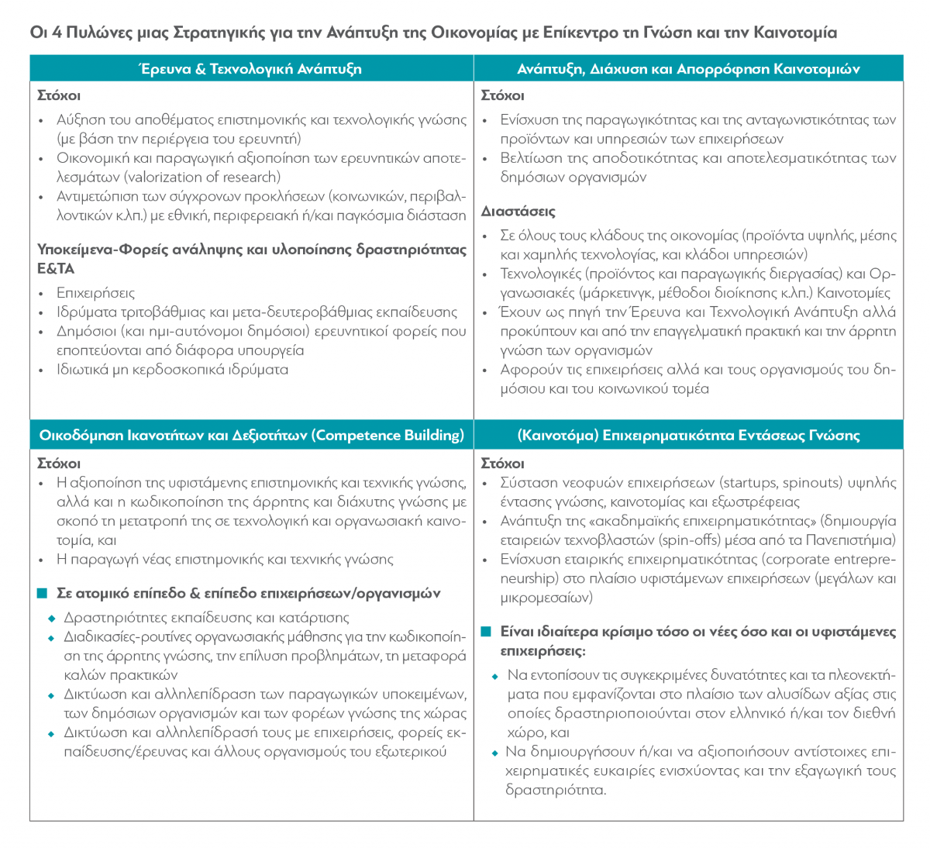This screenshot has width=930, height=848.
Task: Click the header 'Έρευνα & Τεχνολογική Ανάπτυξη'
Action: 250,68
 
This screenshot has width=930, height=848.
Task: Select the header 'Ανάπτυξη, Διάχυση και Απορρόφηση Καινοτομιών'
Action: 688,68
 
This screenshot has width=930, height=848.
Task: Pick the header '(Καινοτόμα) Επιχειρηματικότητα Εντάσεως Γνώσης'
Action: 688,435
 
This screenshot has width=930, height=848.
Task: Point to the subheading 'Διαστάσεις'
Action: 518,211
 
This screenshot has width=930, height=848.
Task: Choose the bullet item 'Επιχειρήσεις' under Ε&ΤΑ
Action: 95,293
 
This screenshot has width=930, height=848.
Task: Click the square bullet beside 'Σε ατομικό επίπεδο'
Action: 43,594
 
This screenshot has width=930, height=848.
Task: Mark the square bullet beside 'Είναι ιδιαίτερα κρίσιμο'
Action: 486,632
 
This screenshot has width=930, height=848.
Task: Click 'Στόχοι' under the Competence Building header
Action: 59,463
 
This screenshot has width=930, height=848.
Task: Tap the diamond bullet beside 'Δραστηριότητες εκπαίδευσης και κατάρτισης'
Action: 52,619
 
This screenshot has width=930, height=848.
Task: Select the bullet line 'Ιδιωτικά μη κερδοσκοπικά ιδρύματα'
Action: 172,369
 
